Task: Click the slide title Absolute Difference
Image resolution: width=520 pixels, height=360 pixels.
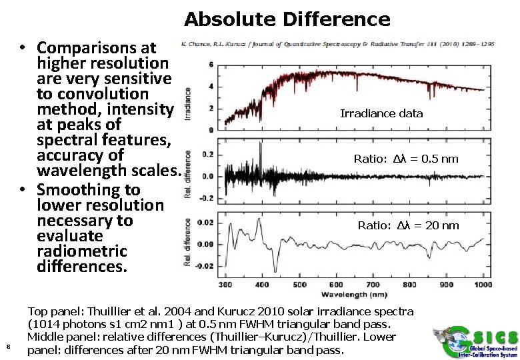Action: tap(287, 19)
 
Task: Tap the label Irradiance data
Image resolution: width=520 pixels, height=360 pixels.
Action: tap(381, 113)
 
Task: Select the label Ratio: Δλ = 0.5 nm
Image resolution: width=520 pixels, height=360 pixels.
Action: tap(406, 159)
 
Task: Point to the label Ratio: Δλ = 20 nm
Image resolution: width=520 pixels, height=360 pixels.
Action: tap(408, 225)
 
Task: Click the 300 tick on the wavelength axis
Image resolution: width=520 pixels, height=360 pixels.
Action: tap(225, 285)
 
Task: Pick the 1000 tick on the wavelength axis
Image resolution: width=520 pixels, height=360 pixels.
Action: tap(483, 285)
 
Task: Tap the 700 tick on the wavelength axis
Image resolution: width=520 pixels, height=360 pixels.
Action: tap(373, 285)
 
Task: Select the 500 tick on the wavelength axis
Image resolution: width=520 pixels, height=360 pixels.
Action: tap(299, 285)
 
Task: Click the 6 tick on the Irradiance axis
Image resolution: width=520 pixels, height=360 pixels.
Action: tap(211, 65)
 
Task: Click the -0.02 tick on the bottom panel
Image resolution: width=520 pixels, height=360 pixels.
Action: tap(206, 266)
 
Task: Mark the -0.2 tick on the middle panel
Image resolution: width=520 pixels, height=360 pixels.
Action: tap(207, 198)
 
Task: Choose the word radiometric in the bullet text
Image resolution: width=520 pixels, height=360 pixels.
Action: tap(82, 251)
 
